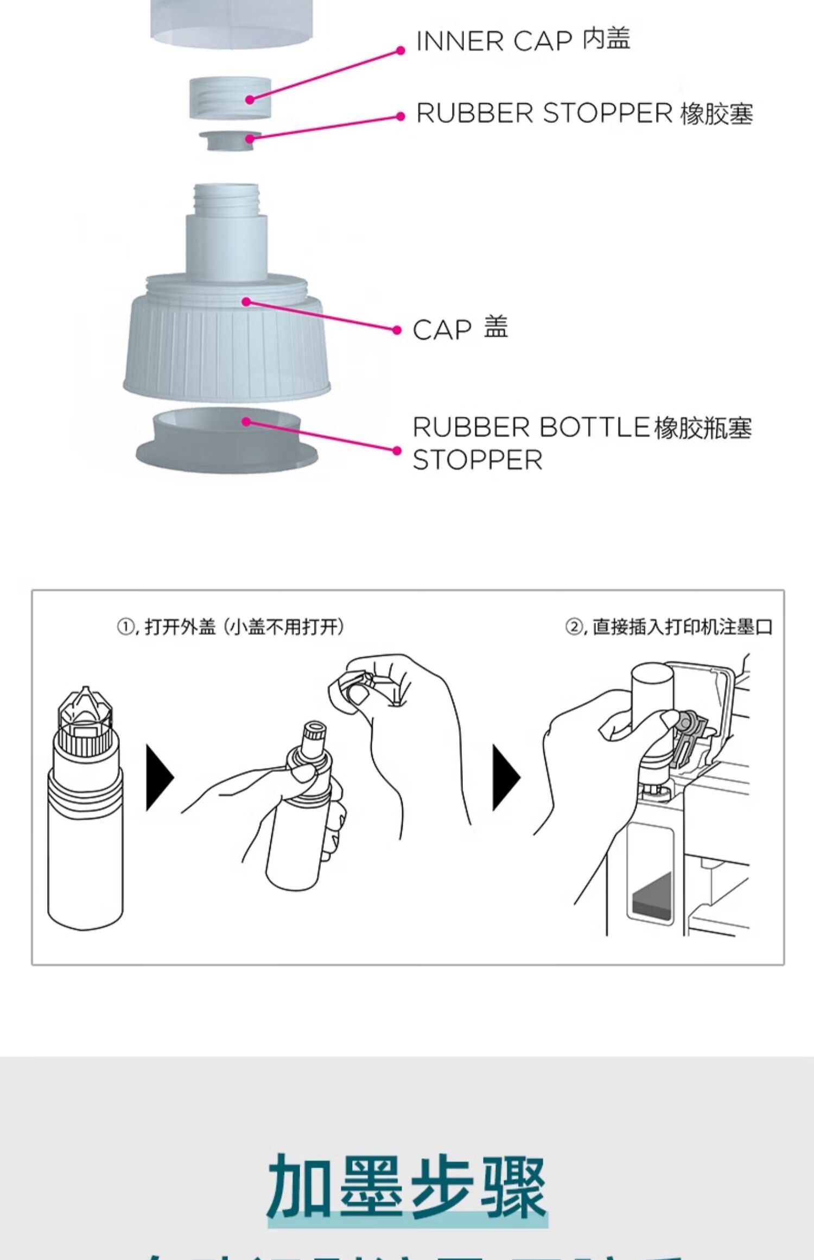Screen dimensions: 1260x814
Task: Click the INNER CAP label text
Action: [522, 41]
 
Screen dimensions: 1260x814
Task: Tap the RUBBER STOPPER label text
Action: [584, 114]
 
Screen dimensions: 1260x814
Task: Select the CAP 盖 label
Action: [460, 329]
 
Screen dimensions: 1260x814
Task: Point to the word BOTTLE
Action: [595, 428]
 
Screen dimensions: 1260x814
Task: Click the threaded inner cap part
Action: [230, 98]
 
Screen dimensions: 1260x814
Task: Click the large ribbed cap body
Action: [227, 347]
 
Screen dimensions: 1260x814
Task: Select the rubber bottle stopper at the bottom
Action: [227, 441]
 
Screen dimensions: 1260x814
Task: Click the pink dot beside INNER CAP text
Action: [400, 50]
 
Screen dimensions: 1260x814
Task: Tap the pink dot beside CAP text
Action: [397, 330]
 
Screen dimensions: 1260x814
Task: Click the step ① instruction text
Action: [231, 627]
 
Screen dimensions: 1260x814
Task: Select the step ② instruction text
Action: [669, 627]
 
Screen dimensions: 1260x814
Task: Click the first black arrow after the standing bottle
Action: [159, 778]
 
